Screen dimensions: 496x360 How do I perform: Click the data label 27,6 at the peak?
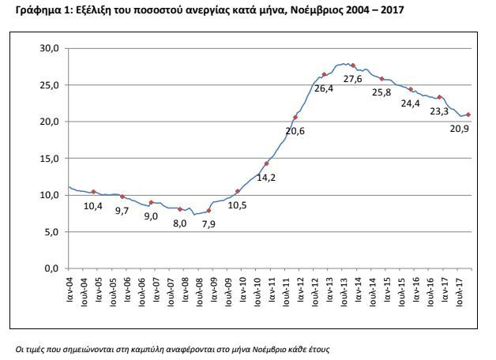(353, 79)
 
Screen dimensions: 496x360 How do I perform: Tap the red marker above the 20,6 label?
(295, 118)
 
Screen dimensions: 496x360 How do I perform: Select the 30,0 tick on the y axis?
(49, 48)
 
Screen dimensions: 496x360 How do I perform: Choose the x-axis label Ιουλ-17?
(460, 291)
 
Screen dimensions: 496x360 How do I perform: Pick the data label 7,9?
(209, 224)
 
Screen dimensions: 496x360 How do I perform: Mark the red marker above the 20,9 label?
(468, 114)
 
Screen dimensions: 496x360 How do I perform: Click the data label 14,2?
(266, 178)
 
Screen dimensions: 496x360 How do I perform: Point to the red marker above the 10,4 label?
(93, 192)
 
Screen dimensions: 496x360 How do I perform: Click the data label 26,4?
(324, 88)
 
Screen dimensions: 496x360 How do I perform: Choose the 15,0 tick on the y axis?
(49, 159)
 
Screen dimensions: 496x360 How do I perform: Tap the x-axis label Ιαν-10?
(243, 289)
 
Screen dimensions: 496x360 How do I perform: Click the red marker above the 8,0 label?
(180, 209)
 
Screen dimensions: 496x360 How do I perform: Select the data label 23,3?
(439, 111)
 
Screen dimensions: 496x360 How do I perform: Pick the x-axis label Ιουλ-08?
(200, 291)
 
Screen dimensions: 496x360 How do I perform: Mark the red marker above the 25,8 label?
(381, 79)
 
